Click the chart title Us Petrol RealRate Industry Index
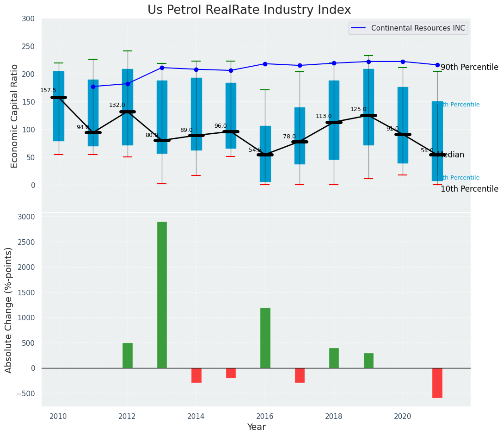point(249,10)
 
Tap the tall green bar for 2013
point(162,295)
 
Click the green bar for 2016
point(265,338)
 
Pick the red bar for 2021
point(437,383)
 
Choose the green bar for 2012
point(128,355)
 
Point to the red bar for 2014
point(196,375)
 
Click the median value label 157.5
point(48,90)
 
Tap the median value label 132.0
point(117,105)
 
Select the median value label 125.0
point(358,109)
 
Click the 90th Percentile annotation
point(469,68)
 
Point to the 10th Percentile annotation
point(469,189)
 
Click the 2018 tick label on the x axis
point(334,416)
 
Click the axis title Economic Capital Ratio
point(15,116)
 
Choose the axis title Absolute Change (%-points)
point(9,310)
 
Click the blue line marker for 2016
point(265,64)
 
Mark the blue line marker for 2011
point(93,87)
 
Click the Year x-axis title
point(256,427)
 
